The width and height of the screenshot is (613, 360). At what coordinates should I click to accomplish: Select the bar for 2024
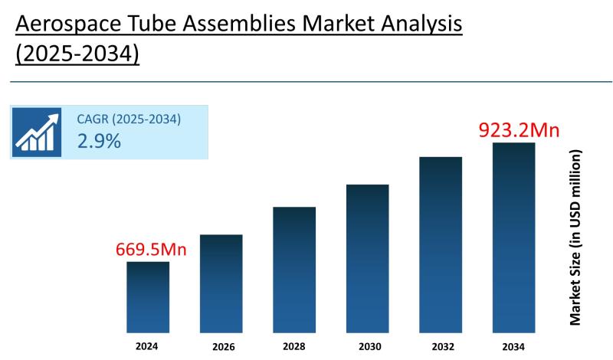click(148, 296)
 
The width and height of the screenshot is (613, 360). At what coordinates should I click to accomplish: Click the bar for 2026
click(221, 283)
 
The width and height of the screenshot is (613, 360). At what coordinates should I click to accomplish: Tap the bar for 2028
click(294, 269)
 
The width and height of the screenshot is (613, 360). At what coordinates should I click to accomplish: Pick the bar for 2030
click(368, 257)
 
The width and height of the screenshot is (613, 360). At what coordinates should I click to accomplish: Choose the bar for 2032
click(441, 244)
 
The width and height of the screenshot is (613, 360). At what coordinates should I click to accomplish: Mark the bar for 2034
click(513, 237)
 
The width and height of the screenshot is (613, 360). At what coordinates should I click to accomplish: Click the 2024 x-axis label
click(148, 345)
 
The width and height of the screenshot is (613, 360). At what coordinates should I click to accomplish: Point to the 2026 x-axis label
click(221, 346)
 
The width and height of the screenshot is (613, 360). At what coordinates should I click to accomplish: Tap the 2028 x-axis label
click(294, 345)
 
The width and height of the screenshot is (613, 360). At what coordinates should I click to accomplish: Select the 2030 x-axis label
click(368, 345)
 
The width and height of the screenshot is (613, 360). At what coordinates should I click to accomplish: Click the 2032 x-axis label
click(441, 345)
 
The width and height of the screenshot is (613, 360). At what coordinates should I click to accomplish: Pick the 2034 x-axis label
click(513, 346)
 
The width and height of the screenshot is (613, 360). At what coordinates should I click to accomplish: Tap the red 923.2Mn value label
click(518, 129)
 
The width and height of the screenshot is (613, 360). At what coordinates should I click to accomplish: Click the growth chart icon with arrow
click(36, 132)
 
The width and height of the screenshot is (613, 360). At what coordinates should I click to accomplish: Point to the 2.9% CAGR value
click(99, 141)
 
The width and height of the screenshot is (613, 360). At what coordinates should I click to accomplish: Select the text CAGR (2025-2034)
click(129, 119)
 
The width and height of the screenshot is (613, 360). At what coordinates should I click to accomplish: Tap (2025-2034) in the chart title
click(77, 56)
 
